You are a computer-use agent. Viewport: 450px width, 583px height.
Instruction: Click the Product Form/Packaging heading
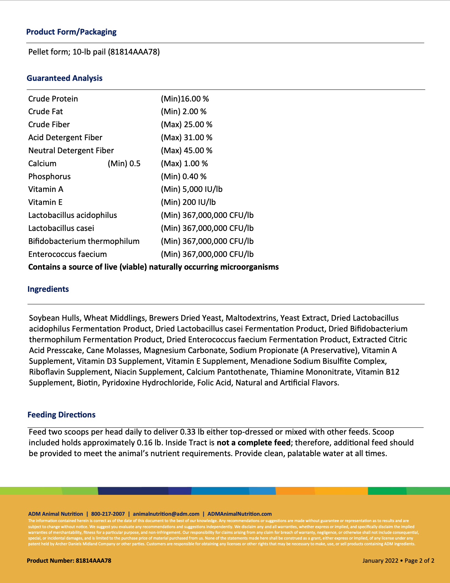click(71, 32)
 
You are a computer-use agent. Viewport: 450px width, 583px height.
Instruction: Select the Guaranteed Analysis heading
click(64, 78)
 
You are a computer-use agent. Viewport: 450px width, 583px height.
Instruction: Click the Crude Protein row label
click(53, 99)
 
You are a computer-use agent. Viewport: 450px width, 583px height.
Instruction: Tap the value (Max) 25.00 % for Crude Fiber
click(186, 124)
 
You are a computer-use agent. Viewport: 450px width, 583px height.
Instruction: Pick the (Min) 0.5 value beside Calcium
click(124, 163)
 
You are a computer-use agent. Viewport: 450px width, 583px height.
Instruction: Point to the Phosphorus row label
click(49, 176)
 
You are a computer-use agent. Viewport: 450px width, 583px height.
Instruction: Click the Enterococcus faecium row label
click(67, 254)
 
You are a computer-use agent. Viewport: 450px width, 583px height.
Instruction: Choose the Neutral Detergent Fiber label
click(71, 150)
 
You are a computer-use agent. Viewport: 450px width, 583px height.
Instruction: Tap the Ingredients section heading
click(48, 289)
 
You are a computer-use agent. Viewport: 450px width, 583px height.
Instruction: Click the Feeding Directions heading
click(61, 415)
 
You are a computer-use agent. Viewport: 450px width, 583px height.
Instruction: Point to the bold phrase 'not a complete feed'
click(253, 442)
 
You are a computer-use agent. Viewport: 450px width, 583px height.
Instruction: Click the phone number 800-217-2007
click(108, 514)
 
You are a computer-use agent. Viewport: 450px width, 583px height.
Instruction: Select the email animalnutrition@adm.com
click(166, 514)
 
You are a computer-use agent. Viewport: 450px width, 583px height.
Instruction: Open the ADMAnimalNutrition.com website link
click(239, 514)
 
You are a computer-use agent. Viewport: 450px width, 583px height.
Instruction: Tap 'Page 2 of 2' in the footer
click(419, 560)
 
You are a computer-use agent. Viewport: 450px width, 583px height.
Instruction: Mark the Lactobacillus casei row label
click(61, 228)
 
